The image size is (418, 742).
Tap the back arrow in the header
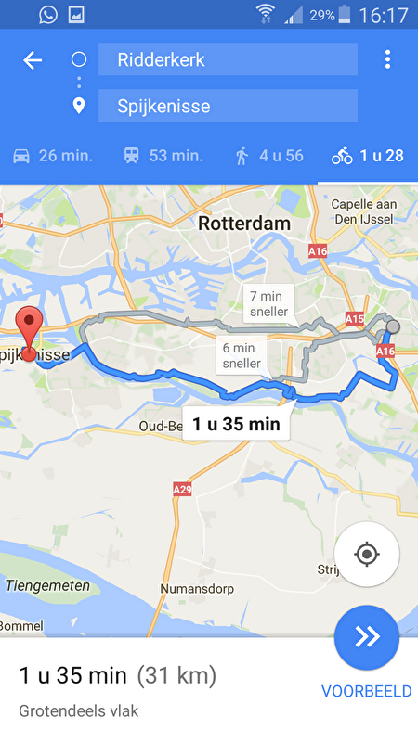pos(33,60)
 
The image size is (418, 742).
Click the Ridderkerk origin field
pos(227,60)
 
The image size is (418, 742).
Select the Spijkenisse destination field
pos(227,106)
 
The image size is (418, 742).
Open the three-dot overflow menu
pos(387,60)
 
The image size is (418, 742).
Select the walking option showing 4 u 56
pos(268,155)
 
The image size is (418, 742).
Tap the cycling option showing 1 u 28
pos(368,155)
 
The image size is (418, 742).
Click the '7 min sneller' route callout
pos(268,304)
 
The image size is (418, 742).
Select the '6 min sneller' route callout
pos(241,355)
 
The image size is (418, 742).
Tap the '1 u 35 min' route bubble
pos(236,426)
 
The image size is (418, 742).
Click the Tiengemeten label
pos(47,585)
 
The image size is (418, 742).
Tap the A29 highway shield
pos(182,489)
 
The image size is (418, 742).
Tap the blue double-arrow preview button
pos(367,636)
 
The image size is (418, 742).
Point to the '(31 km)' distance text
pos(176,675)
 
